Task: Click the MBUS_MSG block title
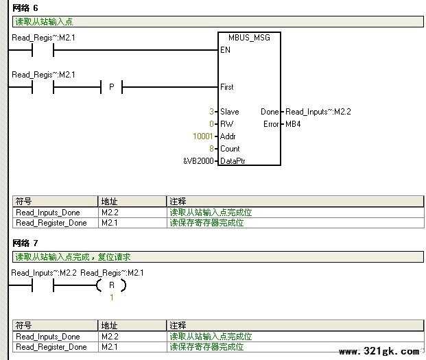[x=249, y=38]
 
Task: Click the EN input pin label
[x=225, y=50]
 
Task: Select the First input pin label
[x=227, y=87]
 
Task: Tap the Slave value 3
[x=212, y=112]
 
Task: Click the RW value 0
[x=212, y=124]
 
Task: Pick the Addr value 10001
[x=202, y=136]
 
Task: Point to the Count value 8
[x=212, y=149]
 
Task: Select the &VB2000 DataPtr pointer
[x=199, y=161]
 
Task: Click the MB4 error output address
[x=293, y=124]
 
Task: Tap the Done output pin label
[x=270, y=112]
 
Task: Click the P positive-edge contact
[x=111, y=87]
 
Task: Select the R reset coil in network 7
[x=111, y=285]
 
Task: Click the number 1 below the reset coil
[x=112, y=298]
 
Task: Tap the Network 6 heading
[x=25, y=8]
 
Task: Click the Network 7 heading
[x=25, y=243]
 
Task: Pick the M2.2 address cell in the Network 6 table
[x=110, y=213]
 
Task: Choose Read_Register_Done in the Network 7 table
[x=51, y=347]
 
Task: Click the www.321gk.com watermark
[x=379, y=352]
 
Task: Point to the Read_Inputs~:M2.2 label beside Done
[x=318, y=112]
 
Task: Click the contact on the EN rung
[x=43, y=50]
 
